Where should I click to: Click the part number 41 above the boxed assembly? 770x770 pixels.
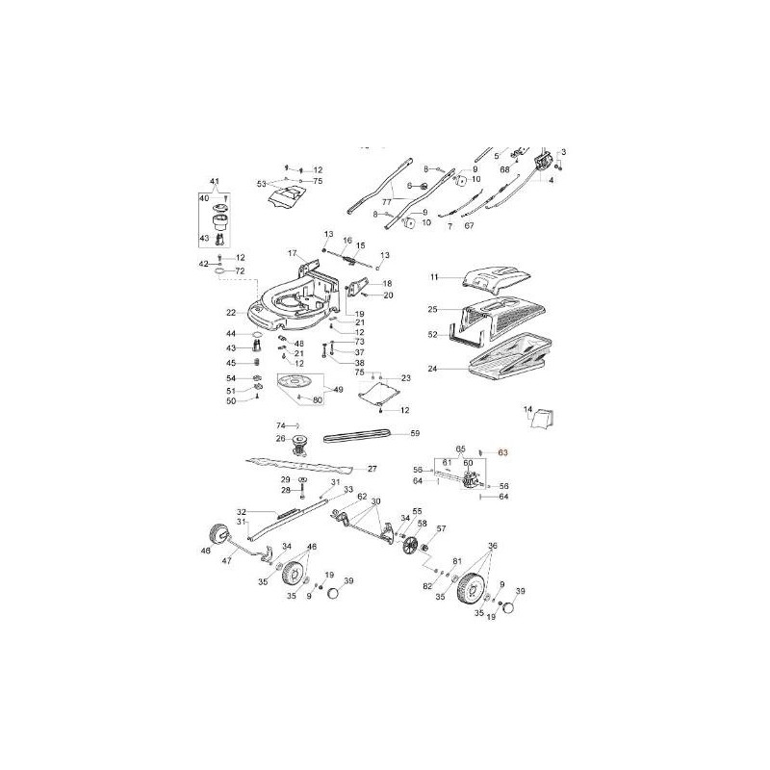point(215,182)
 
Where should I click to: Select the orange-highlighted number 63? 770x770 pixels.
point(501,451)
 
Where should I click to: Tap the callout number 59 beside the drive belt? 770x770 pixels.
point(415,434)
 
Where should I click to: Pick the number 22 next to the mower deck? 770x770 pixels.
point(231,313)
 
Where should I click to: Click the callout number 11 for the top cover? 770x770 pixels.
point(434,277)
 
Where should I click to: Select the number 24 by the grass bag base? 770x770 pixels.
point(432,369)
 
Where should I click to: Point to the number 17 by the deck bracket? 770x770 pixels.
point(292,252)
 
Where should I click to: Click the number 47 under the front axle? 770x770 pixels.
point(228,559)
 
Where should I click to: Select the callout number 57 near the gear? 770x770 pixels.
point(442,528)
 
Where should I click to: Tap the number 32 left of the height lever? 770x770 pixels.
point(242,512)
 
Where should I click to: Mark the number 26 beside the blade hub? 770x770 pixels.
point(280,439)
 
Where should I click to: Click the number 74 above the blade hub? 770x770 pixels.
point(281,424)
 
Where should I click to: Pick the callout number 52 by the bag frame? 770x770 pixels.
point(432,334)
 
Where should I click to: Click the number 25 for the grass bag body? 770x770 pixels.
point(433,310)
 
